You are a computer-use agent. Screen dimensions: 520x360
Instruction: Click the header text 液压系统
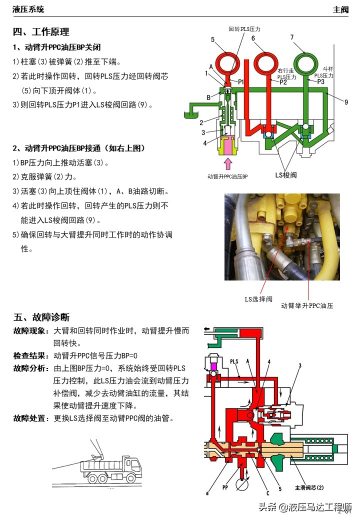pyautogui.click(x=28, y=9)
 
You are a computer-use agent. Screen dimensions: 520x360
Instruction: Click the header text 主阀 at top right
pyautogui.click(x=340, y=9)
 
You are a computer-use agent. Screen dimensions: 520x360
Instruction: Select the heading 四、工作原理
pyautogui.click(x=40, y=32)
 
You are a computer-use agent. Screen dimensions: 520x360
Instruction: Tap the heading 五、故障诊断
pyautogui.click(x=41, y=317)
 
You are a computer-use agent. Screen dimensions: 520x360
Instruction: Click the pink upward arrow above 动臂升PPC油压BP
pyautogui.click(x=228, y=163)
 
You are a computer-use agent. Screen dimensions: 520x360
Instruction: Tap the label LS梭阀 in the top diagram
pyautogui.click(x=286, y=175)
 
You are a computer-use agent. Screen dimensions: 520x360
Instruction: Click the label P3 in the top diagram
pyautogui.click(x=321, y=81)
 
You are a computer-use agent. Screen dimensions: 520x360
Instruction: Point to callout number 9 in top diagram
pyautogui.click(x=345, y=102)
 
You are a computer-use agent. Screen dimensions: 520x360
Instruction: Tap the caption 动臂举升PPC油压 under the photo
pyautogui.click(x=306, y=305)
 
